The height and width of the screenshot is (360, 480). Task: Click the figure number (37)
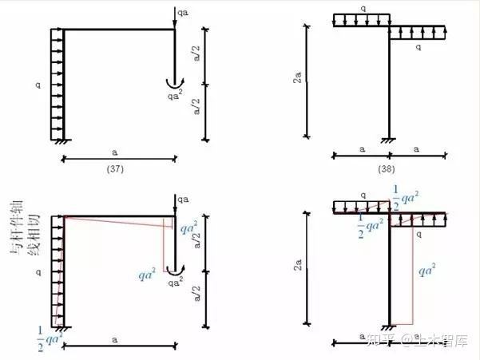pos(116,169)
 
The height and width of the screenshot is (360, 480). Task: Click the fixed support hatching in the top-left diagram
pos(61,142)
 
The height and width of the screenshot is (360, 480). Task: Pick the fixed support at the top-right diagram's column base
pos(389,141)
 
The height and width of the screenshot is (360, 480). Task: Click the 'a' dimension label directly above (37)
pos(116,152)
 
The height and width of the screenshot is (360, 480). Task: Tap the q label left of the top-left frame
pos(37,81)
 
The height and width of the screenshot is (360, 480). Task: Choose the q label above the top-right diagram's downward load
pos(361,8)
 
